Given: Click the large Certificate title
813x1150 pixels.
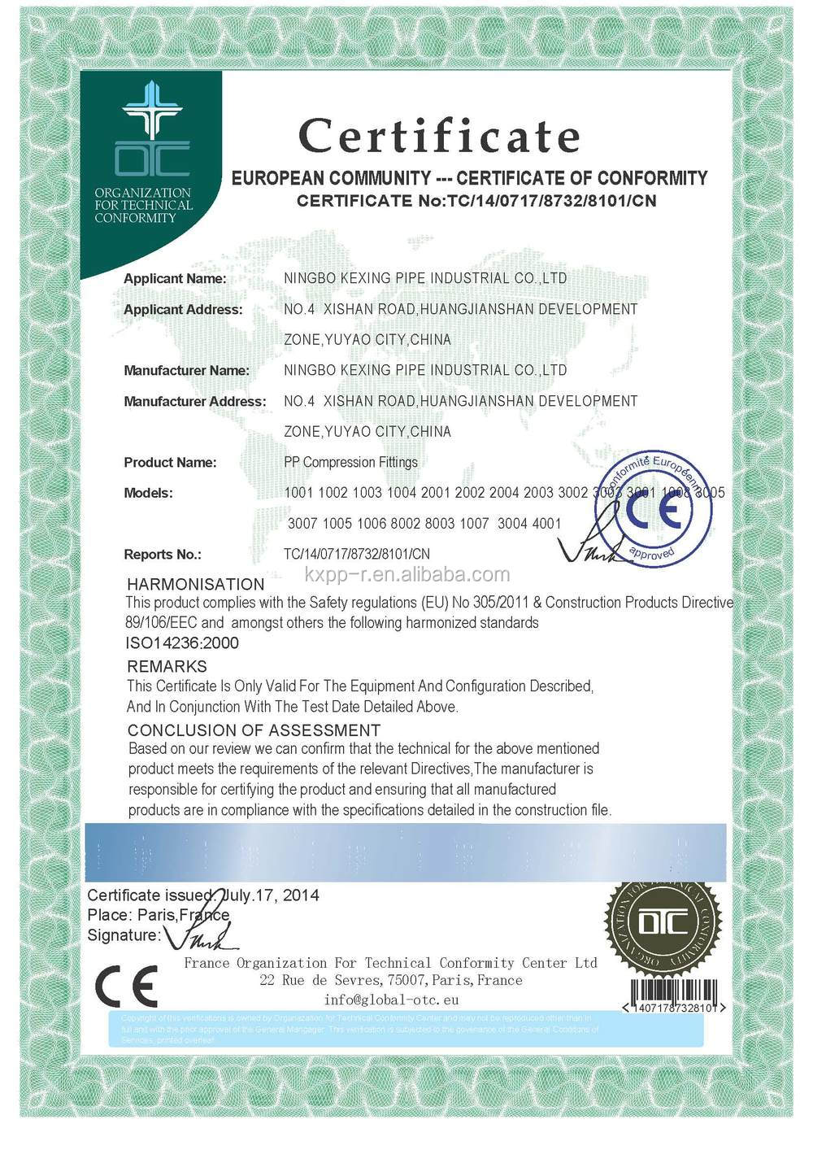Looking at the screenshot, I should pos(439,135).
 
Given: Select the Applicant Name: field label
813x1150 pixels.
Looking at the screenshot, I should pos(175,278).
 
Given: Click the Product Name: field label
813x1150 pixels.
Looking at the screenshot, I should pos(170,462).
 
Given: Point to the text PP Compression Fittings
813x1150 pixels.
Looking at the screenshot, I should pos(350,462).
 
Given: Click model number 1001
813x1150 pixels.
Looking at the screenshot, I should pos(298,492).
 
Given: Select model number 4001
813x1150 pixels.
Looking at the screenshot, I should pos(546,523).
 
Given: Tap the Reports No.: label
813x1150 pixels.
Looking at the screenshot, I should pos(162,554).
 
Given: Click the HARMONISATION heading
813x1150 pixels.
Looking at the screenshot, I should pos(196,584).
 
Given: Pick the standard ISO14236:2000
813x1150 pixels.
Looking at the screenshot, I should pos(182,643).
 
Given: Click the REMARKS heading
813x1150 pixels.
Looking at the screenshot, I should pos(167,666).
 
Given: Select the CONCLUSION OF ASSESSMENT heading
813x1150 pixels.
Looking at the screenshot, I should pos(254,730).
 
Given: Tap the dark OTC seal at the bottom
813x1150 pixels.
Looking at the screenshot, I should pos(663,923).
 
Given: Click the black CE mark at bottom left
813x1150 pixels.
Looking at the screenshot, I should pos(126,986).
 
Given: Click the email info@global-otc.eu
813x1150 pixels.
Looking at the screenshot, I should pos(391,1000).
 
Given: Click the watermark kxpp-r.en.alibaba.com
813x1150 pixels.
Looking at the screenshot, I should pos(407,575).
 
